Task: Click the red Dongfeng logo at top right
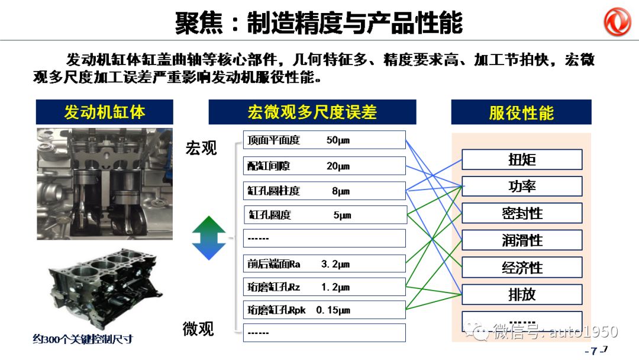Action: pyautogui.click(x=617, y=22)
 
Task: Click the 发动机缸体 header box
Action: pyautogui.click(x=104, y=112)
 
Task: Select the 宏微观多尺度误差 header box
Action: pyautogui.click(x=312, y=112)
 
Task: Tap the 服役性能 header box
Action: pyautogui.click(x=521, y=112)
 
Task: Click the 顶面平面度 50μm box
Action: pyautogui.click(x=324, y=140)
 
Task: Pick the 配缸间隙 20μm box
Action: pyautogui.click(x=324, y=166)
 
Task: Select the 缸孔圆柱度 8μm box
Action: pyautogui.click(x=324, y=191)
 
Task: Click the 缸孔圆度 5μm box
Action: pyautogui.click(x=324, y=215)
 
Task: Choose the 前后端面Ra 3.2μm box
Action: pyautogui.click(x=324, y=264)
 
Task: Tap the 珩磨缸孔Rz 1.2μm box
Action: pyautogui.click(x=324, y=287)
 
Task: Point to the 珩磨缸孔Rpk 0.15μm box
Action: pyautogui.click(x=324, y=310)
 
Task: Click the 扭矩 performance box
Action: pyautogui.click(x=521, y=160)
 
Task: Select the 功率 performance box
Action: pyautogui.click(x=521, y=187)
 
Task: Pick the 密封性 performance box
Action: pyautogui.click(x=521, y=213)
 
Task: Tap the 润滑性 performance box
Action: pyautogui.click(x=521, y=240)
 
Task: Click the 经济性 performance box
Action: pyautogui.click(x=521, y=268)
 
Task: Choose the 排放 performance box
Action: pyautogui.click(x=521, y=294)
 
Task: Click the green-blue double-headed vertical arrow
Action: pyautogui.click(x=209, y=239)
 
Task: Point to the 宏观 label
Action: pyautogui.click(x=201, y=148)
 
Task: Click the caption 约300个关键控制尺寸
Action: pyautogui.click(x=82, y=339)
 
